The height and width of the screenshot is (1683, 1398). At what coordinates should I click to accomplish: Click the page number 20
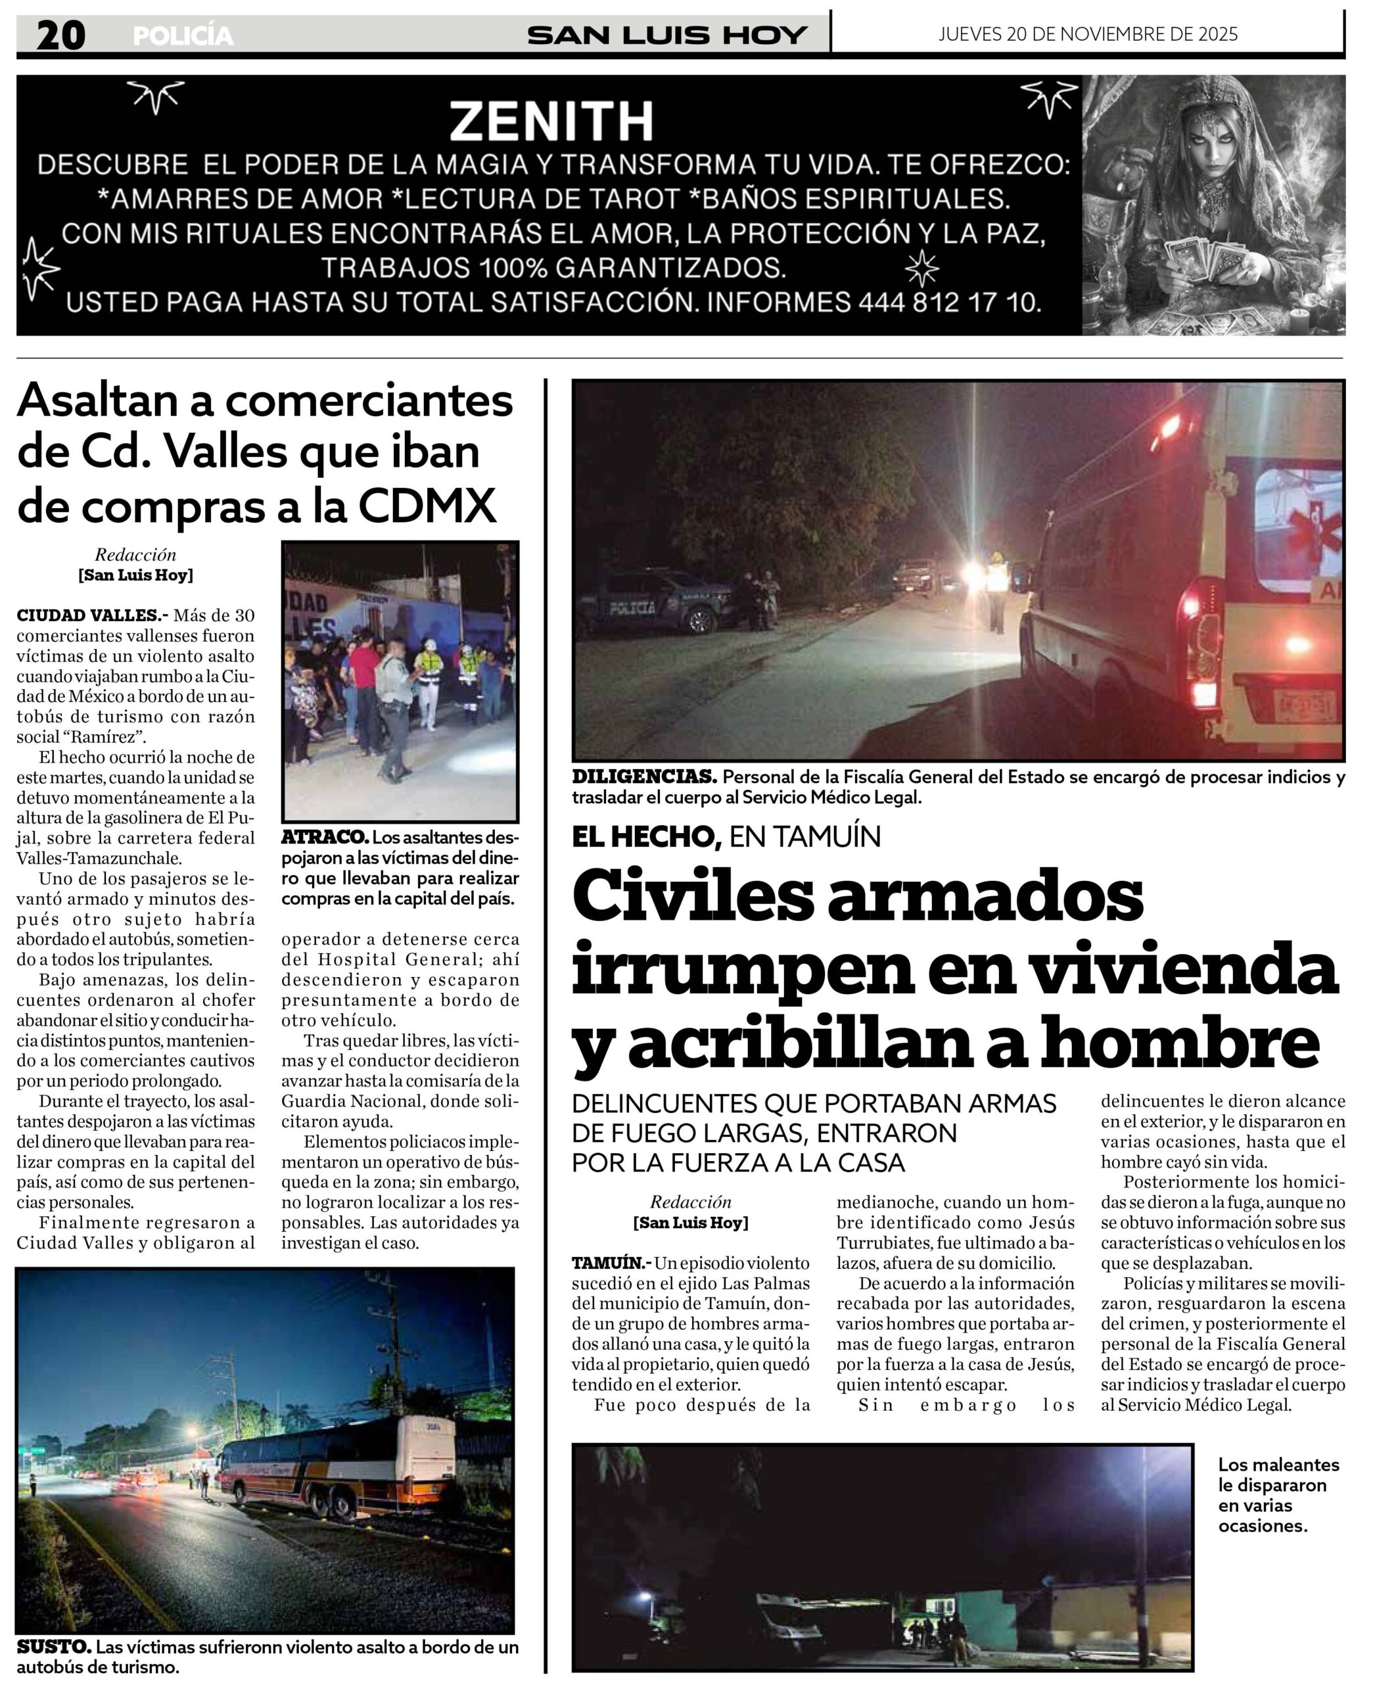click(x=61, y=36)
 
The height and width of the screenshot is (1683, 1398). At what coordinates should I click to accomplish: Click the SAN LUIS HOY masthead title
click(x=666, y=36)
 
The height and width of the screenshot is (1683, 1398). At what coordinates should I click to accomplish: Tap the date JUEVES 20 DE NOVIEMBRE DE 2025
click(x=1087, y=34)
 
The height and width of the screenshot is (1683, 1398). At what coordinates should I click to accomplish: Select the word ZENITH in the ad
click(x=551, y=122)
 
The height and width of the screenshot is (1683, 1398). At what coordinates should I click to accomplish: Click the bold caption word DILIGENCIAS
click(x=643, y=776)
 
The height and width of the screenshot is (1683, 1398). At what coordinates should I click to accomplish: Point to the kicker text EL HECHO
click(x=643, y=837)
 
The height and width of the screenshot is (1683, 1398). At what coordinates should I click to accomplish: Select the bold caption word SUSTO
click(x=53, y=1647)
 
